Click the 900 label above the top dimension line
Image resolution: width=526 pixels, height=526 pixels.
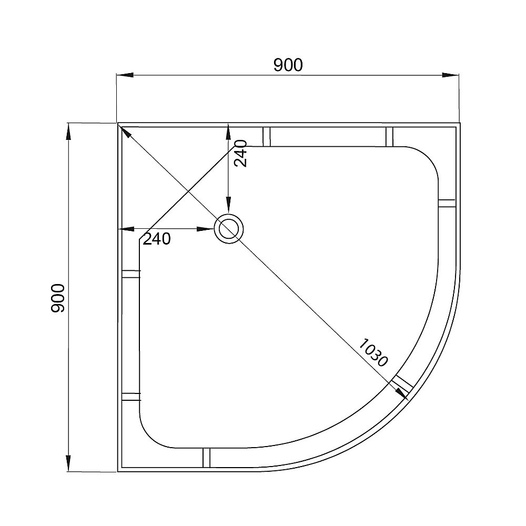coord(288,65)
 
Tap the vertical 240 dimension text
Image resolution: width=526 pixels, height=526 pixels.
coord(240,153)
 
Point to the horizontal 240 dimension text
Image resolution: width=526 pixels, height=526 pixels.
coord(157,239)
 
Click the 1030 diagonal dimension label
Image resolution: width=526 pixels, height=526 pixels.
coord(373,352)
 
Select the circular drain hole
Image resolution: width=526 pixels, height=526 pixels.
coord(229,229)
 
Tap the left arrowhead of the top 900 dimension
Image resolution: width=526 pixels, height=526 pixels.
coord(124,75)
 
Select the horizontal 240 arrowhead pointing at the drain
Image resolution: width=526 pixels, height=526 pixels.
coord(204,229)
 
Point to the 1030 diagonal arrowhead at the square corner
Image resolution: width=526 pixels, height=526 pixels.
coord(125,131)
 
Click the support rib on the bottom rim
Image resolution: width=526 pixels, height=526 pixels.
coord(206,457)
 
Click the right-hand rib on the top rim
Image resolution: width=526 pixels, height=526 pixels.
coord(389,136)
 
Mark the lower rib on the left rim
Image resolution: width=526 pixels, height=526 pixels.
coord(131,397)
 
